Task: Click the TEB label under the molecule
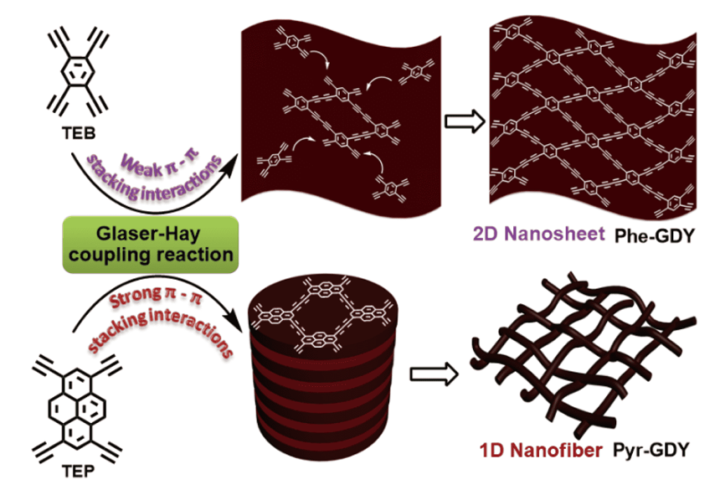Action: point(77,120)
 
